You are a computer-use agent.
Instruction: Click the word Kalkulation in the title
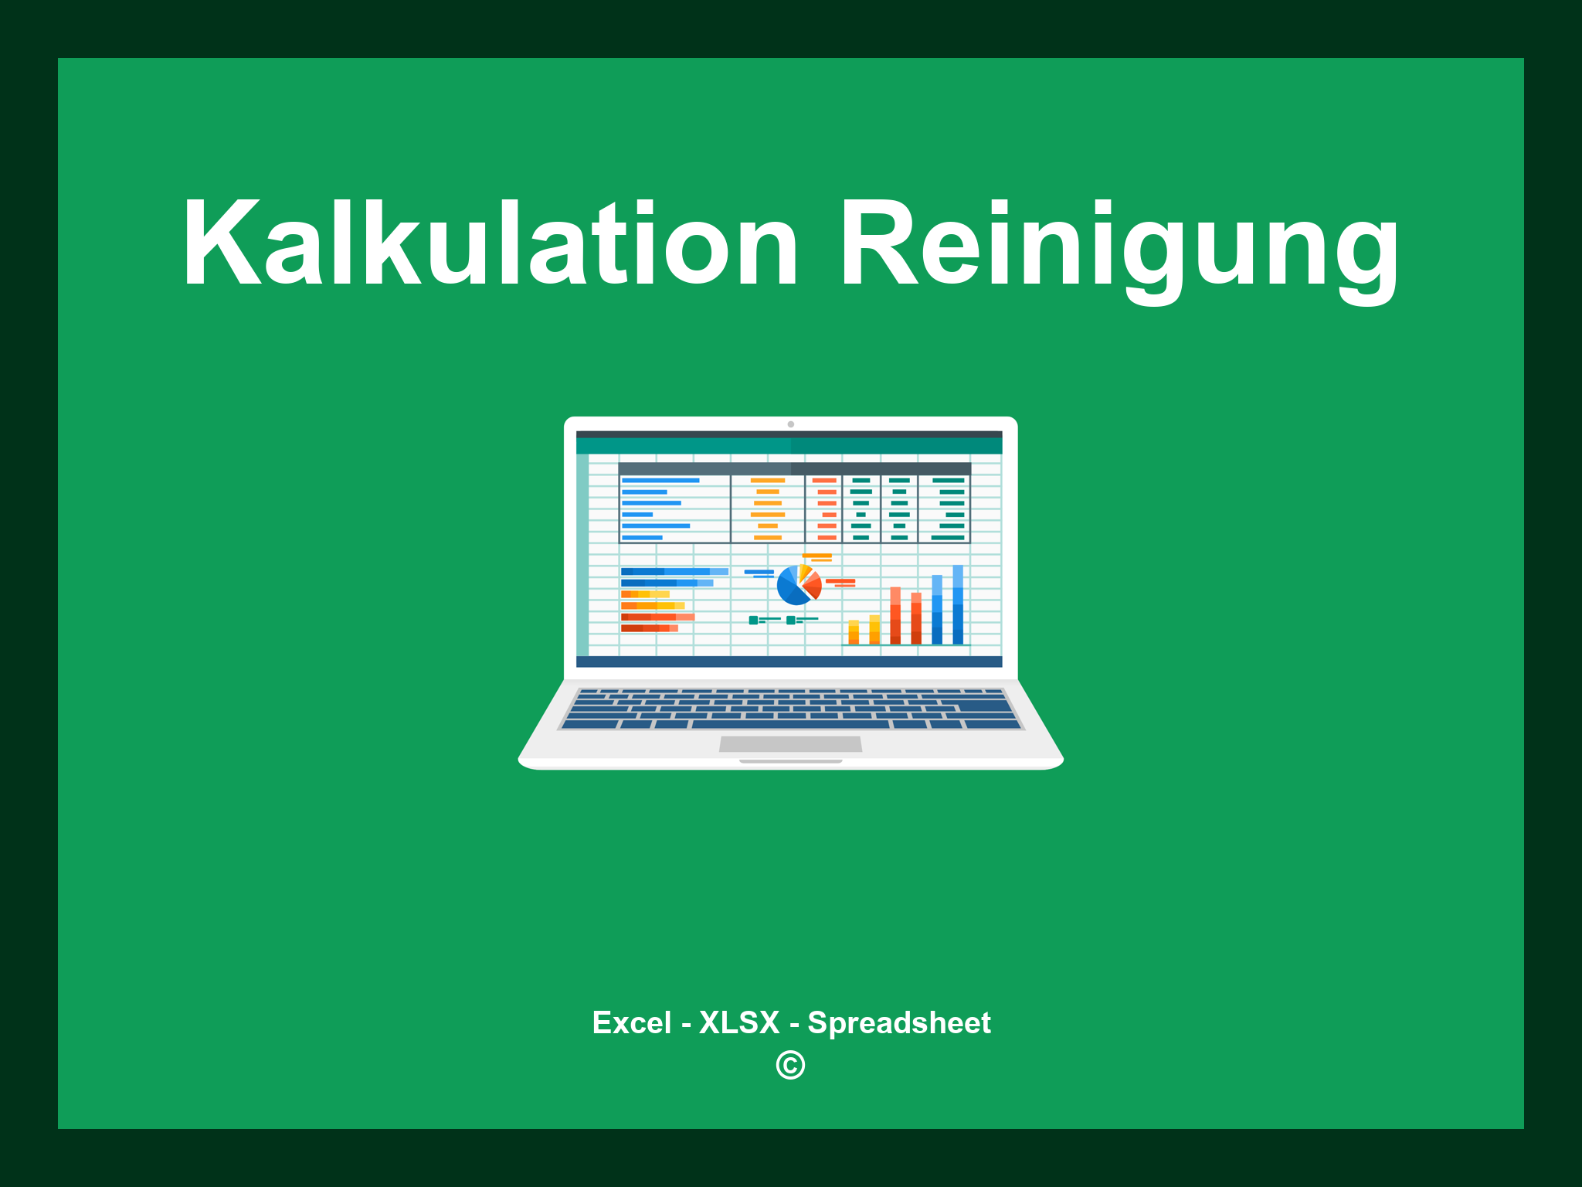489,243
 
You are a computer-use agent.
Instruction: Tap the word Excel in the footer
631,1022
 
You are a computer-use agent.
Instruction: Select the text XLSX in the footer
739,1022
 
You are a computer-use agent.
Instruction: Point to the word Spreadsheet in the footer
898,1022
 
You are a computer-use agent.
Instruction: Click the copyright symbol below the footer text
790,1066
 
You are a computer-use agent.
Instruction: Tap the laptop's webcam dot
790,424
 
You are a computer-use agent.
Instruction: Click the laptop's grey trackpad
790,744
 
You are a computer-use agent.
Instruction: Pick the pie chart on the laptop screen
798,585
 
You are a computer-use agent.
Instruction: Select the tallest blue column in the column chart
958,604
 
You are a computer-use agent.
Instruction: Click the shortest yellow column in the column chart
854,632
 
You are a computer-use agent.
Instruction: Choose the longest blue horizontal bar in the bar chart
674,572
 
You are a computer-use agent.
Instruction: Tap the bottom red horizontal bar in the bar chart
649,628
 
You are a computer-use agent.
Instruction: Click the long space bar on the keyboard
790,725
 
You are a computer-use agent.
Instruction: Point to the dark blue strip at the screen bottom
789,662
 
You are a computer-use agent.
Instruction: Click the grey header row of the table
794,468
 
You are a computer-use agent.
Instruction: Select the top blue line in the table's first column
660,481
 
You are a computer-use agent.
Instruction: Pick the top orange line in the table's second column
767,481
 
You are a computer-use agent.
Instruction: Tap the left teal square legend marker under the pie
753,620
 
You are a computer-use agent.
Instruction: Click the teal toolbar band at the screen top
789,446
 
